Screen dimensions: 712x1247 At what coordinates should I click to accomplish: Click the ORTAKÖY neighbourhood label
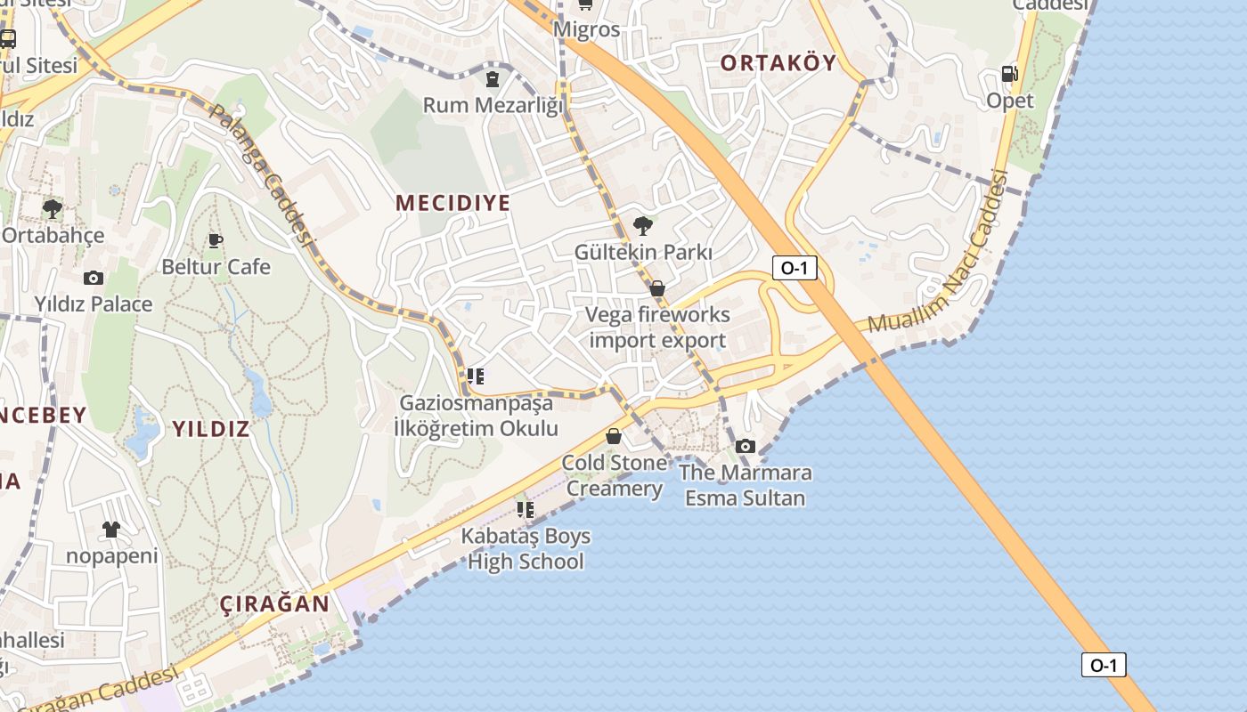click(x=778, y=62)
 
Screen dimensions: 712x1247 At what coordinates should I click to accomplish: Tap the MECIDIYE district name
click(x=453, y=203)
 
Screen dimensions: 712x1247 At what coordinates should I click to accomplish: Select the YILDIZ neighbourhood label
click(x=210, y=429)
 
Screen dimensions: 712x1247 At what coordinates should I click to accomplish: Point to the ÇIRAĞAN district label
click(x=274, y=603)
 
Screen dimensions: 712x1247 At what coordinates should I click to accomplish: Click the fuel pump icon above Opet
click(x=1009, y=74)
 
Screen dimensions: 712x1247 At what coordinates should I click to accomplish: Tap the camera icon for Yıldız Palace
click(x=94, y=278)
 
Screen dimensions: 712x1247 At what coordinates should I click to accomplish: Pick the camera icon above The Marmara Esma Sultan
click(x=746, y=446)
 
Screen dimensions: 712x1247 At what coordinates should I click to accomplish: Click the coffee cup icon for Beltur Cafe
click(x=215, y=240)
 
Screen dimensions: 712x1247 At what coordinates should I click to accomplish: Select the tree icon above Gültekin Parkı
click(x=642, y=225)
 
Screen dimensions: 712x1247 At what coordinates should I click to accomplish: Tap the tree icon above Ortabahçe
click(x=53, y=209)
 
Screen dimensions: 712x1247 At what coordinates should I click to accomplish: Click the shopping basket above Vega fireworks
click(x=657, y=288)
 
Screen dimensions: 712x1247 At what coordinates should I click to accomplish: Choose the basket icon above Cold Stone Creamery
click(x=614, y=436)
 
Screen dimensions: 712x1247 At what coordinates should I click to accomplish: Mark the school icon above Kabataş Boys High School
click(x=526, y=510)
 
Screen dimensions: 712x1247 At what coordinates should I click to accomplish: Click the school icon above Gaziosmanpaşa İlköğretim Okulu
click(x=476, y=376)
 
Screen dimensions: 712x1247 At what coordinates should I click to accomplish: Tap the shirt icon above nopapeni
click(x=111, y=530)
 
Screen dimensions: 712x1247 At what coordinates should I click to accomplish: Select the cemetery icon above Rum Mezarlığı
click(x=493, y=79)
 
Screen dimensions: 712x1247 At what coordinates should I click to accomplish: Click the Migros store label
click(x=586, y=29)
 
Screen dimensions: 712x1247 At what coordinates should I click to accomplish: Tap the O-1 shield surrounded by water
click(x=1104, y=665)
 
